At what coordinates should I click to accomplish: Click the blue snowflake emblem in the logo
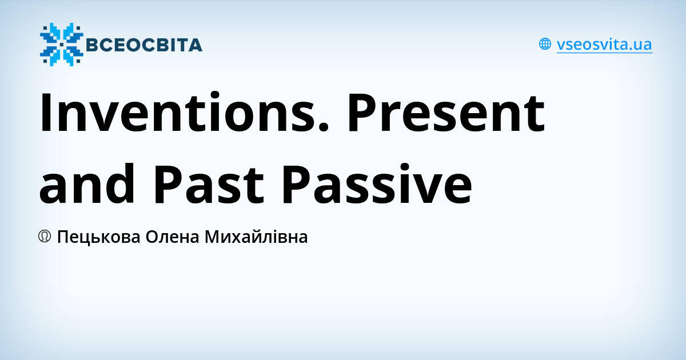click(61, 45)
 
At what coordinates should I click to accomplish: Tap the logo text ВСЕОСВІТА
click(143, 45)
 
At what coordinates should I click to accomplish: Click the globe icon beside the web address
click(545, 44)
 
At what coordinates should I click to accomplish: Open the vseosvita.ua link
click(604, 45)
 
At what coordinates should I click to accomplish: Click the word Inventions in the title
click(177, 113)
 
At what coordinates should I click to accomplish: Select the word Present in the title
click(445, 113)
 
